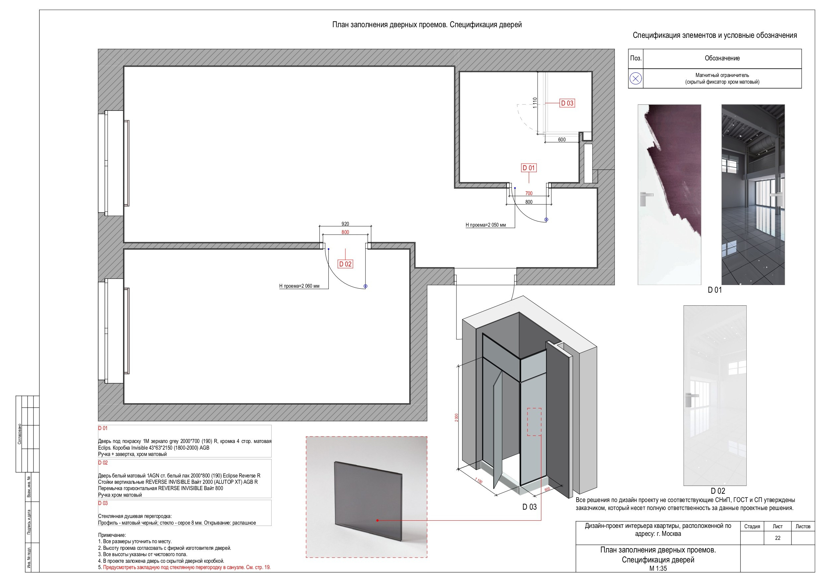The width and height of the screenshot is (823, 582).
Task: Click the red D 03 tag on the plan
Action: pos(567,103)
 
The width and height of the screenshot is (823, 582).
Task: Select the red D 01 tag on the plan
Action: pos(528,168)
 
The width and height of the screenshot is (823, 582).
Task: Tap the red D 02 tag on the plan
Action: pos(345,264)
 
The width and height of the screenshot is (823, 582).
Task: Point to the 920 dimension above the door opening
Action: pos(345,224)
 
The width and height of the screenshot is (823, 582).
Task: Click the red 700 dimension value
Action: pos(529,193)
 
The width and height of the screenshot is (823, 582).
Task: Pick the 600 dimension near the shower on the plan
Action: pos(562,139)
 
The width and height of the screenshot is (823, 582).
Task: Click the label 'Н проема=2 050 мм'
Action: pos(485,225)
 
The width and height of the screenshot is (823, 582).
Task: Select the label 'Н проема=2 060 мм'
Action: pos(299,286)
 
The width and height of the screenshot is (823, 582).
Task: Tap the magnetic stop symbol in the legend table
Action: pos(636,79)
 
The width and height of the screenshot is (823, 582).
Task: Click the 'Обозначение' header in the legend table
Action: pos(722,58)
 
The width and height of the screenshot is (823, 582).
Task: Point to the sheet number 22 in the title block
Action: pos(778,538)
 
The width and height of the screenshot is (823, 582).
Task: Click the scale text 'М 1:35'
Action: pos(658,568)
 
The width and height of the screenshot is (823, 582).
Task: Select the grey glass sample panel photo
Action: pos(368,502)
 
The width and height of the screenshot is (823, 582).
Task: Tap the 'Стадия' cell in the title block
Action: pos(752,526)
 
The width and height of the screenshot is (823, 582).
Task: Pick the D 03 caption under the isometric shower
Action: pos(529,507)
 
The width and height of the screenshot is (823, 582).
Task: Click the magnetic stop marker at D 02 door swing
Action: pos(365,286)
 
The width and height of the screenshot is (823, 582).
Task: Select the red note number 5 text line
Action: pos(184,567)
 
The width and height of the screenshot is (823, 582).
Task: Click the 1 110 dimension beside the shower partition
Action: pos(535,103)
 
